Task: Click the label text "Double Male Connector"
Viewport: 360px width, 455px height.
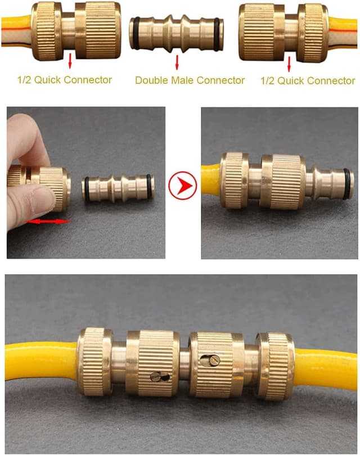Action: tap(190, 80)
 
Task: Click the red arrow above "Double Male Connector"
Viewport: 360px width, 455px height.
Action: tap(177, 62)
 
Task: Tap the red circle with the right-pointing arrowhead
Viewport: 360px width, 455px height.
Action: tap(182, 186)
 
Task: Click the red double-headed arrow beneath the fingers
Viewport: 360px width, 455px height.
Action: tap(47, 222)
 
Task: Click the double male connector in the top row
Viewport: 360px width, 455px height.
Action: tap(177, 34)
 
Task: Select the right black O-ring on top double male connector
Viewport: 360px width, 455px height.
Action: tap(217, 34)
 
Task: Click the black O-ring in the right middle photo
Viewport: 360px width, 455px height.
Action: tap(346, 184)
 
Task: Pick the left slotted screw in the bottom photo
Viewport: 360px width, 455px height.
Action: tap(160, 376)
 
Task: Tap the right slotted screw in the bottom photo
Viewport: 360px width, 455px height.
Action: tap(210, 360)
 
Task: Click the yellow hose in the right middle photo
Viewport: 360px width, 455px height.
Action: tap(211, 181)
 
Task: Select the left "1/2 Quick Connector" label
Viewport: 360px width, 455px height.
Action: tap(65, 80)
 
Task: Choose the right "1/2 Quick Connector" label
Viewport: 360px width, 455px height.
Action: tap(308, 80)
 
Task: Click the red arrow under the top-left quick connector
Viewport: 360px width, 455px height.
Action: tap(70, 61)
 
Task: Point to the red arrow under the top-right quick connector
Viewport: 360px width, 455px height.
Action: tap(289, 64)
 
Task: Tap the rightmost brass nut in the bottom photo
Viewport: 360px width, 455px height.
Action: tap(276, 366)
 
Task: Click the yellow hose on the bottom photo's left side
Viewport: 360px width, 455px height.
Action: tap(41, 361)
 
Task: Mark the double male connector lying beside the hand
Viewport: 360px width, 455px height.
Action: tap(119, 188)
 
